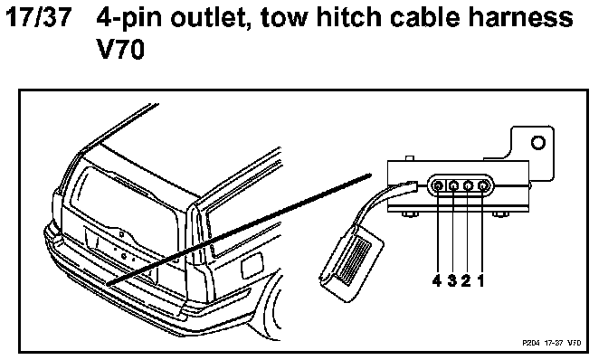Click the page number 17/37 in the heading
39,17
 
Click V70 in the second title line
120,50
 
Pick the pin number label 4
437,281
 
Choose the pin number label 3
452,281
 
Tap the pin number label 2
466,281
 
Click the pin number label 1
480,281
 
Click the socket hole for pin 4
438,186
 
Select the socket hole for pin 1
483,186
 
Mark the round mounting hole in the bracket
538,142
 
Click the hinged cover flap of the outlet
351,262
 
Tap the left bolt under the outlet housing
407,214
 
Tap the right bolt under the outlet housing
499,214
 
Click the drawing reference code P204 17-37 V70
551,343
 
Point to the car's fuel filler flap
252,266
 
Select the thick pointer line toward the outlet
239,230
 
